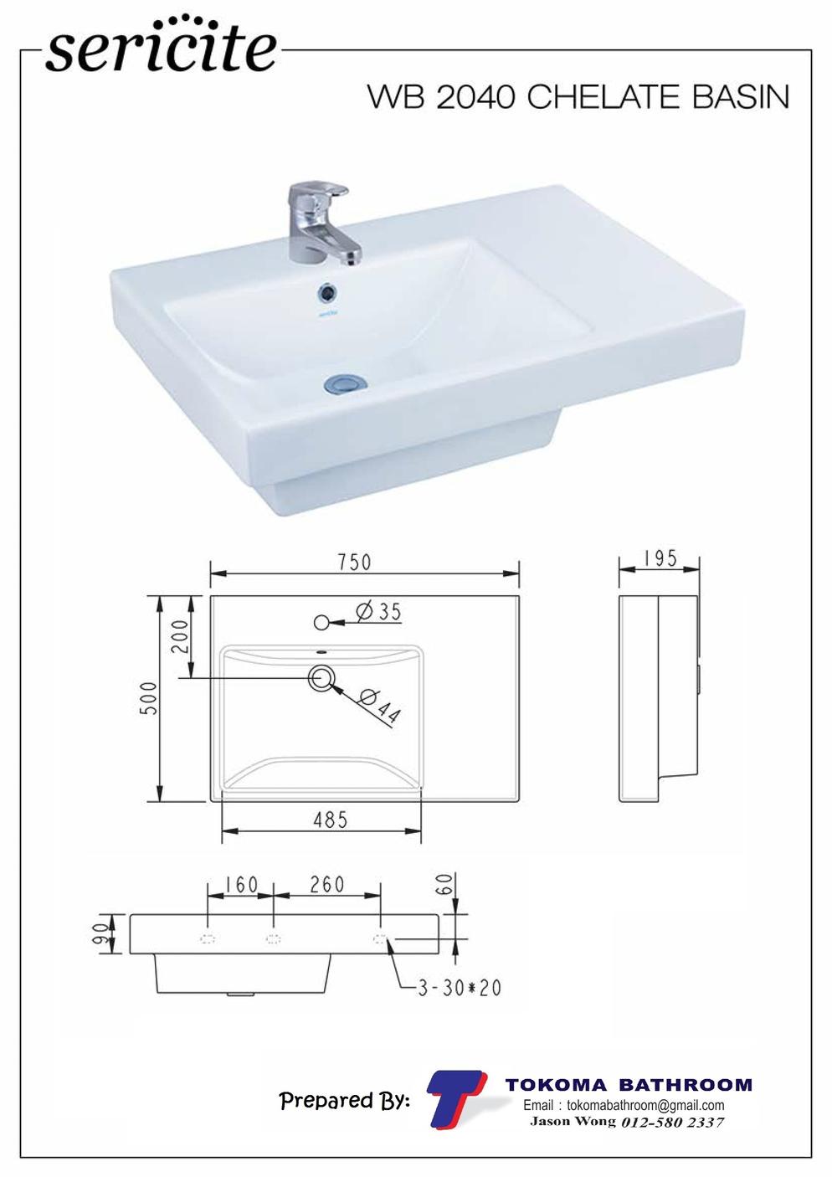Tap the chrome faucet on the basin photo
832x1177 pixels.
321,224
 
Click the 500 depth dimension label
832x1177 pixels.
150,698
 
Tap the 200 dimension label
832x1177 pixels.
181,635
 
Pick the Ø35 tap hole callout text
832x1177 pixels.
378,612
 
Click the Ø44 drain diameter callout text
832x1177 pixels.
380,707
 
